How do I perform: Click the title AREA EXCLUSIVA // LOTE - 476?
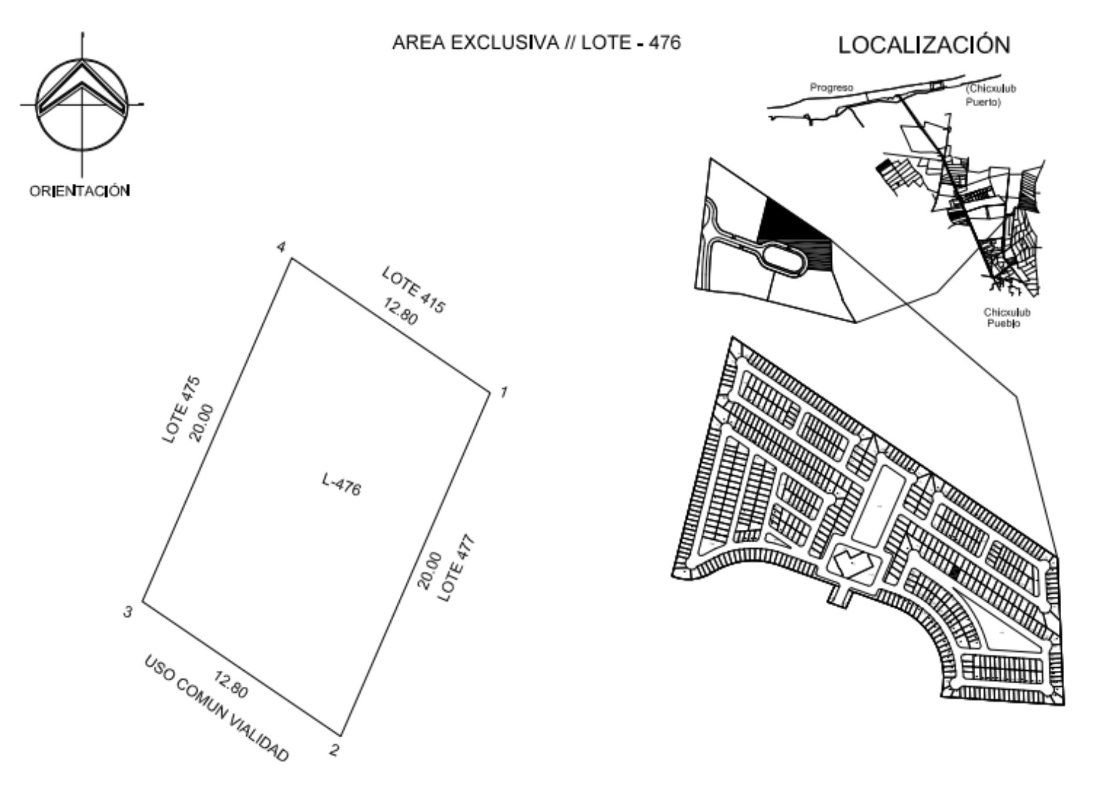pos(536,43)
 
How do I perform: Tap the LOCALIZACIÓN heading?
pos(924,45)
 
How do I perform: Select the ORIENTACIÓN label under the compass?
pos(80,191)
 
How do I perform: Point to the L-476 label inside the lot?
pos(342,484)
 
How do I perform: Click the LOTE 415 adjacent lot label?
pos(414,290)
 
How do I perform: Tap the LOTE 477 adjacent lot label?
pos(456,568)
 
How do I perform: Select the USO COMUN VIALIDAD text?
pos(216,709)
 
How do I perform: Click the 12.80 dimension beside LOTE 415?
pos(400,311)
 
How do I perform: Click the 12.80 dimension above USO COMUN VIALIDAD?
pos(230,685)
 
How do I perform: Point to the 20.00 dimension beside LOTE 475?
pos(202,424)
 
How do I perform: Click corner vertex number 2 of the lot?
pos(341,735)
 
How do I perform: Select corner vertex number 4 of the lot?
pos(292,258)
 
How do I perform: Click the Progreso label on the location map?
pos(831,88)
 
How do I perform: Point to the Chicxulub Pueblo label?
pos(1007,318)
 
